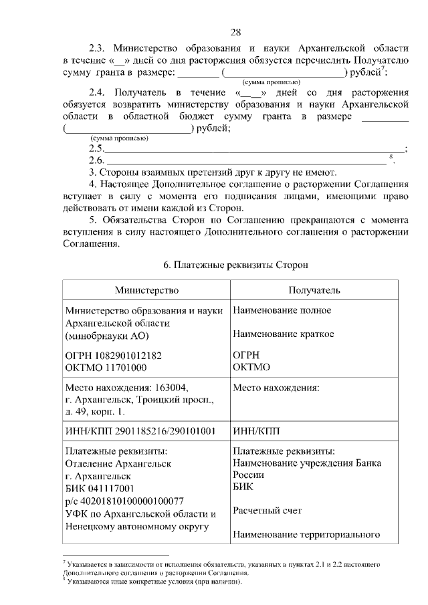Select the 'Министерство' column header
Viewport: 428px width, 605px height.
click(x=146, y=290)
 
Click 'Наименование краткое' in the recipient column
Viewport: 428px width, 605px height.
click(x=283, y=334)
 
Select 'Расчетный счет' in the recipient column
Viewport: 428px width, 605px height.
click(x=267, y=511)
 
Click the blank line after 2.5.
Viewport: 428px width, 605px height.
click(x=254, y=148)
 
